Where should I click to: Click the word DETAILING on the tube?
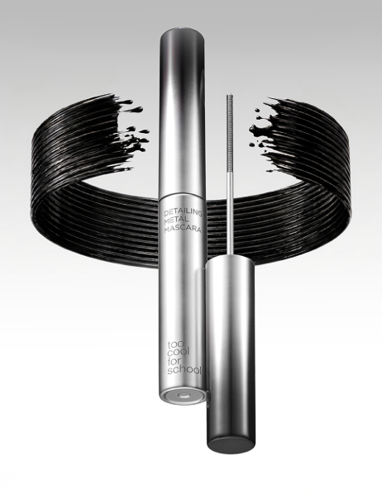[x=184, y=212]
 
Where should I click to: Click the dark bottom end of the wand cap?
[x=232, y=443]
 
